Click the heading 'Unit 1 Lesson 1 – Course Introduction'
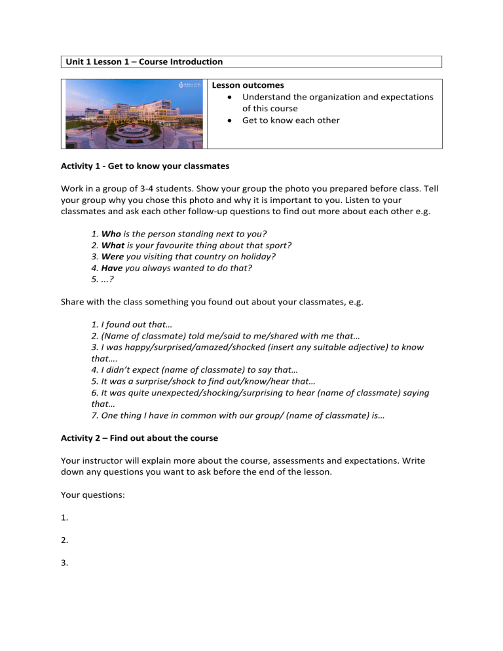click(144, 62)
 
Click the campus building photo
click(134, 114)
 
